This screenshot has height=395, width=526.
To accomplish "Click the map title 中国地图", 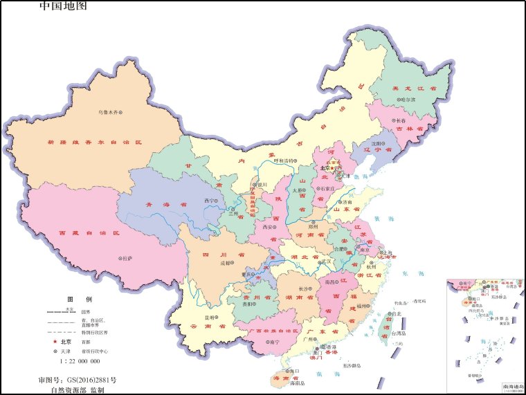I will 64,6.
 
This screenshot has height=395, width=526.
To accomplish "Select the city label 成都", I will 226,263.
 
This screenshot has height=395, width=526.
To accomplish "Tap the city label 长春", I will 401,120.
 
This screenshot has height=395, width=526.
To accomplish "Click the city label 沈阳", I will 376,144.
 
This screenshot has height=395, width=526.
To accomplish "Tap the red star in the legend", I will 53,342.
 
